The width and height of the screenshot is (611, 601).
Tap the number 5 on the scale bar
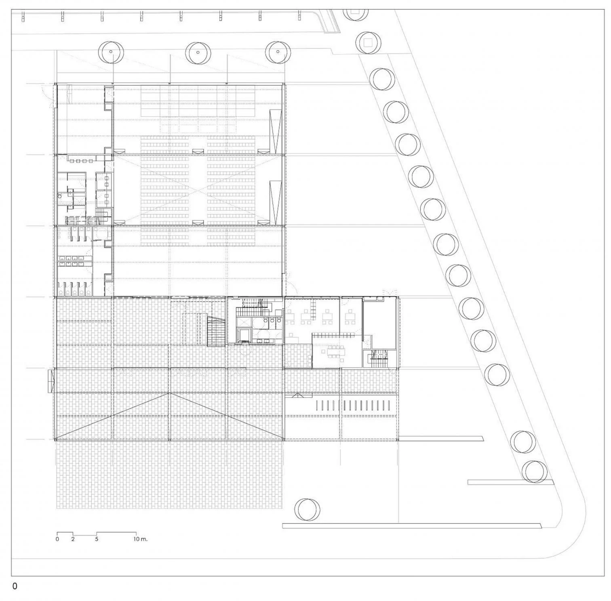[x=97, y=538]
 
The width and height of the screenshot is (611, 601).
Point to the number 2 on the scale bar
[x=73, y=538]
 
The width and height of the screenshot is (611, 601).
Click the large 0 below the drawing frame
[x=15, y=586]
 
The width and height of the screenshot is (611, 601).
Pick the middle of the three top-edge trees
[x=198, y=53]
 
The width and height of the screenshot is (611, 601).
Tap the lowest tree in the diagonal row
[x=535, y=471]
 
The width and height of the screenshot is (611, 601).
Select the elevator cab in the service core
[x=243, y=335]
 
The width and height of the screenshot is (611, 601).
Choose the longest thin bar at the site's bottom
[x=411, y=525]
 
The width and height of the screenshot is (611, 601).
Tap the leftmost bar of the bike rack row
[x=317, y=405]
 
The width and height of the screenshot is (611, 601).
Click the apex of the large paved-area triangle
[x=170, y=393]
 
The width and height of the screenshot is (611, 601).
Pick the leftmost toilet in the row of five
[x=61, y=288]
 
